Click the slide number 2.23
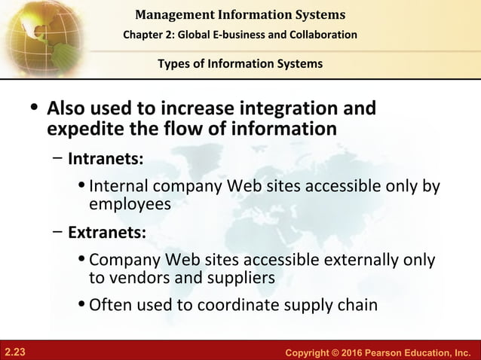pyautogui.click(x=15, y=351)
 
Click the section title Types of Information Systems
pyautogui.click(x=240, y=63)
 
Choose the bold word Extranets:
pyautogui.click(x=107, y=231)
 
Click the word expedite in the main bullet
pyautogui.click(x=82, y=129)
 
